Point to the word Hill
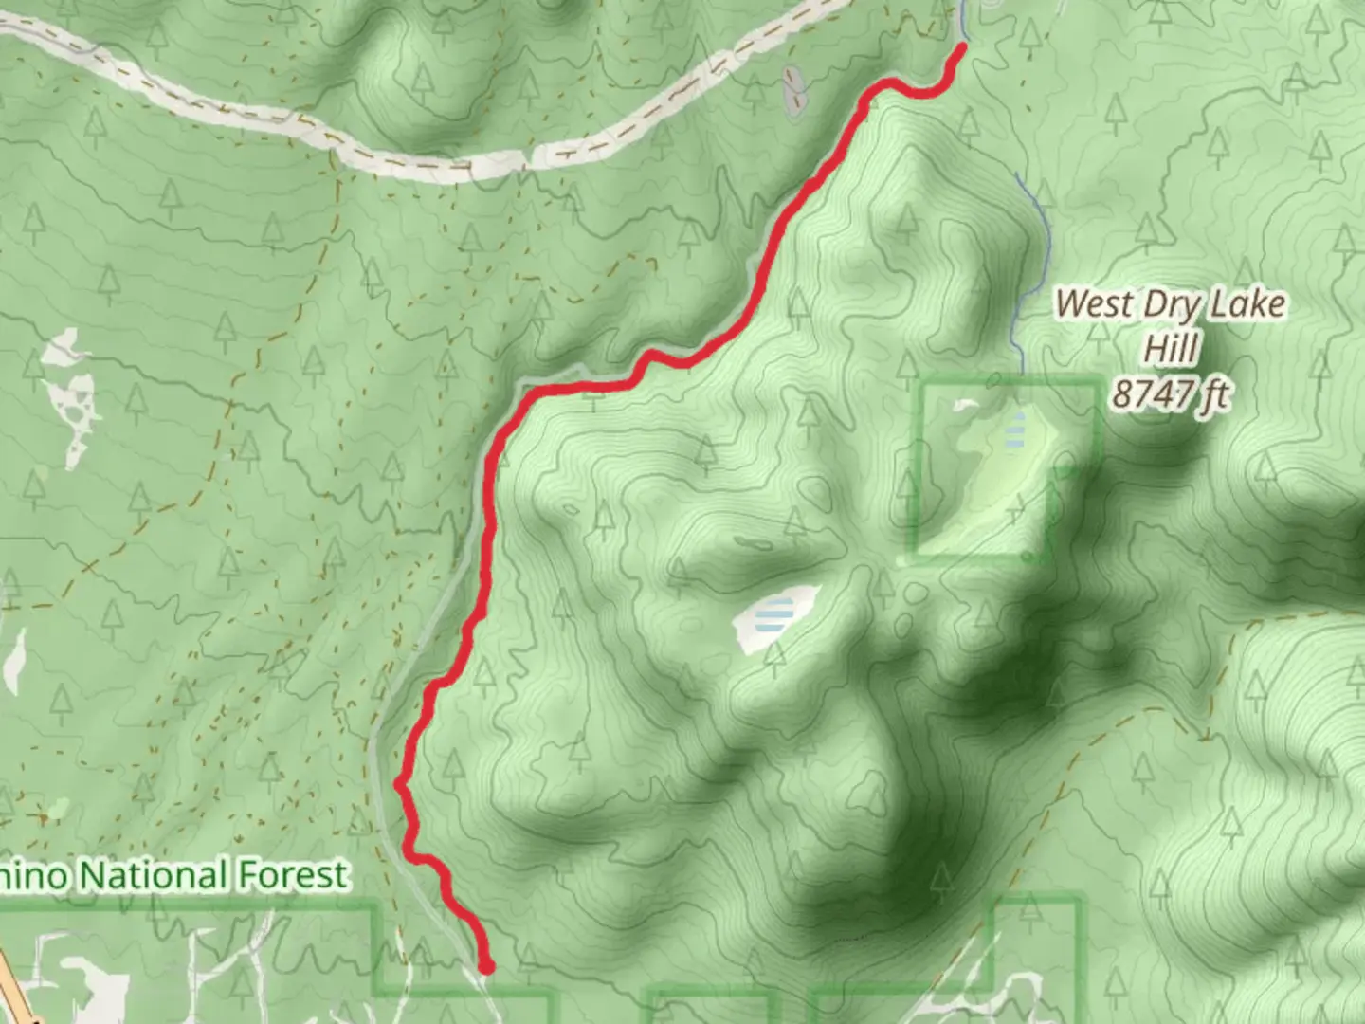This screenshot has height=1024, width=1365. click(x=1171, y=349)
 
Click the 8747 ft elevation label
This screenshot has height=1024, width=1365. click(x=1171, y=393)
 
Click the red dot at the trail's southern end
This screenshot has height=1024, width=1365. click(x=486, y=967)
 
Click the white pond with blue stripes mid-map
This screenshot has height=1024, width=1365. click(x=774, y=618)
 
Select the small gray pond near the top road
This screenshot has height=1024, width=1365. click(x=792, y=91)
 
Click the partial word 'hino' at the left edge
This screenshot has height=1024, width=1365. click(x=34, y=875)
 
